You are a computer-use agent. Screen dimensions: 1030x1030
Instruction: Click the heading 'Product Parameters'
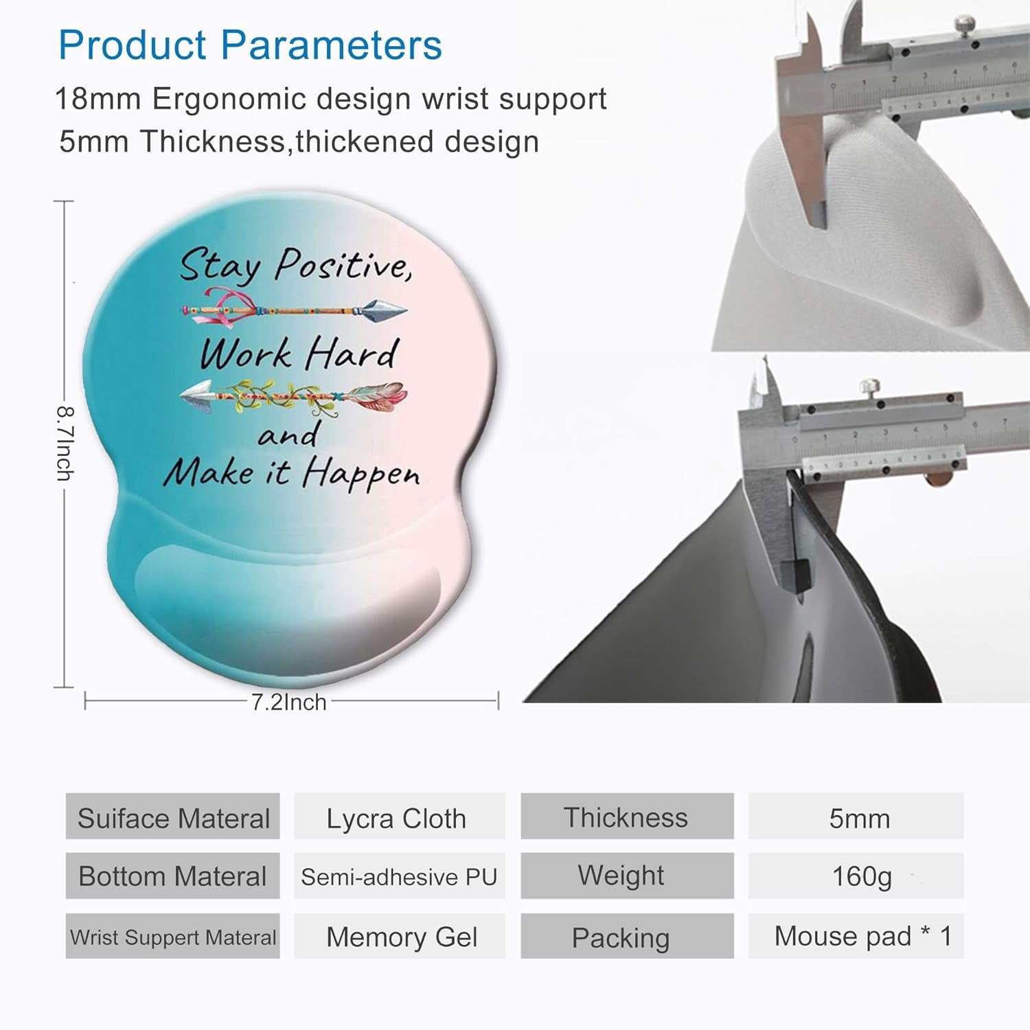[250, 45]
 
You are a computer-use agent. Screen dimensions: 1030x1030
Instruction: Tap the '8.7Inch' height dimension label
[65, 443]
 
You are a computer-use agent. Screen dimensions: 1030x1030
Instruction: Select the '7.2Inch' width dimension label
[288, 702]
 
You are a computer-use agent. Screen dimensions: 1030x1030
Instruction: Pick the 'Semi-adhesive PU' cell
[399, 877]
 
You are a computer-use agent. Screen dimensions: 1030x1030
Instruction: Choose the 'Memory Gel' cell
[401, 937]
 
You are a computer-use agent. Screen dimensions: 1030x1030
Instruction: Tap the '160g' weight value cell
[861, 876]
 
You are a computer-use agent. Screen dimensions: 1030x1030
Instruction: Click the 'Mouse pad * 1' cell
[862, 936]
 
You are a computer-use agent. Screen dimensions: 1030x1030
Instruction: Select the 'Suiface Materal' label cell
[173, 818]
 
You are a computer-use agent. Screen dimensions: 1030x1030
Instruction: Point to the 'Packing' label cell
[621, 937]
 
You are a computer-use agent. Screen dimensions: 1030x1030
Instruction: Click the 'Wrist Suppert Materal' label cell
[173, 937]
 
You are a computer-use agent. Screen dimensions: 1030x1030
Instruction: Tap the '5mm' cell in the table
[859, 818]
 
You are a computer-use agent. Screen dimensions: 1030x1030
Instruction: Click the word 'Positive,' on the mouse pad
[343, 264]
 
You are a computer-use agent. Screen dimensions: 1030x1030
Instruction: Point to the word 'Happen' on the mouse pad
[362, 474]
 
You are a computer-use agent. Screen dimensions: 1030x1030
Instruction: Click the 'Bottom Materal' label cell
[172, 877]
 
